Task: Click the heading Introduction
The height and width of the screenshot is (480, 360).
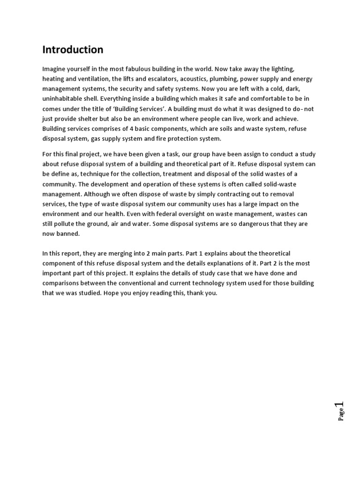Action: pos(73,50)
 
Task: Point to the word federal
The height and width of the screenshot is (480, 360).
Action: pos(153,214)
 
